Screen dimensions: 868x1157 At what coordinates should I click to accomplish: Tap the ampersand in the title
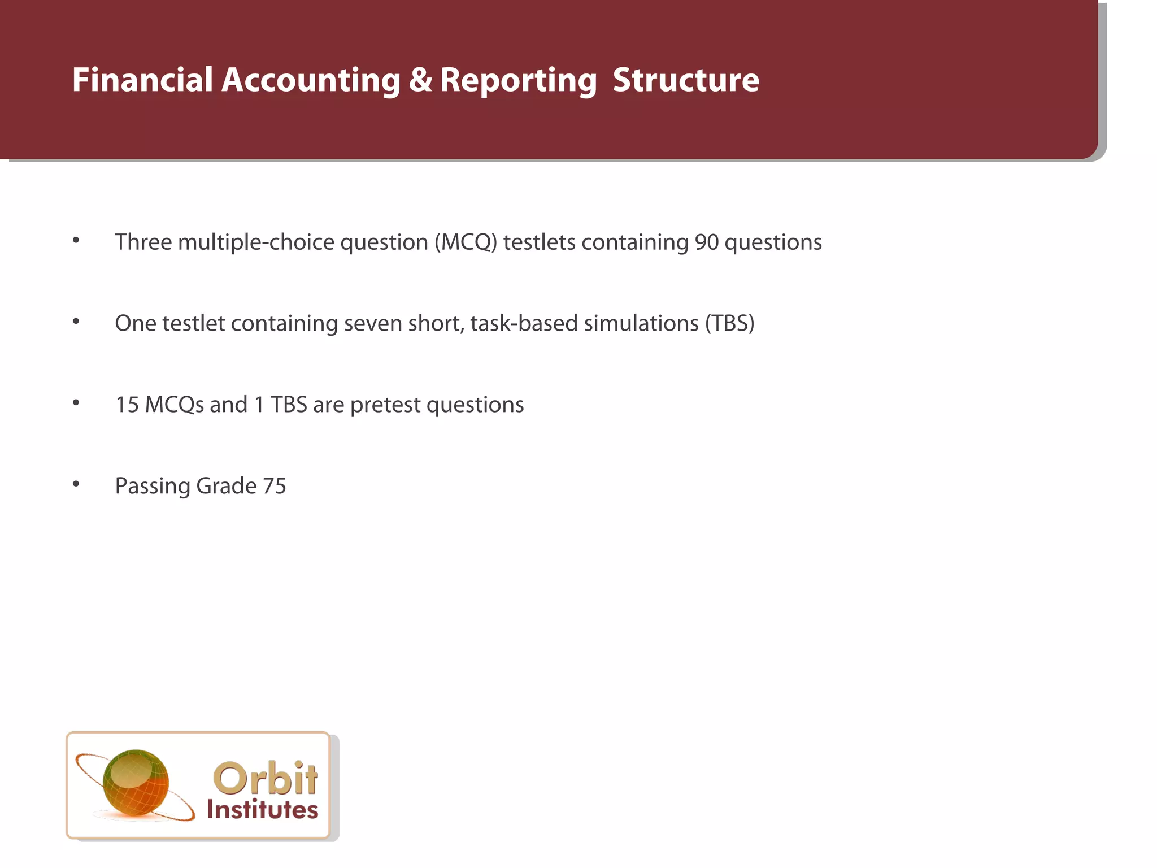420,80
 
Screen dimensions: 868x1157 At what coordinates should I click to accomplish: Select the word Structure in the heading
686,80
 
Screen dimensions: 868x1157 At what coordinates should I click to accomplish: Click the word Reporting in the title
518,81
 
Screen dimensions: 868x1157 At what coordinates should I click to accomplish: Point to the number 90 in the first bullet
706,242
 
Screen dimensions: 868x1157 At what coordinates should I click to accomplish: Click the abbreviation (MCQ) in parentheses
466,242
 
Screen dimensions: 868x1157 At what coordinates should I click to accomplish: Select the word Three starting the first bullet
143,242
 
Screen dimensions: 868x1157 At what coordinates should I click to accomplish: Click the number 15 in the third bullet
127,405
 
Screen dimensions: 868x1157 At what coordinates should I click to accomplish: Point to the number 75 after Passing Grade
275,486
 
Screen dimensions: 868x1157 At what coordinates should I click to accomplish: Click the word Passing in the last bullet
152,487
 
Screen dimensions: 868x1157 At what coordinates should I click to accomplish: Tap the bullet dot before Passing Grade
76,484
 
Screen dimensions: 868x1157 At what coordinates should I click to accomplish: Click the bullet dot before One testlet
76,321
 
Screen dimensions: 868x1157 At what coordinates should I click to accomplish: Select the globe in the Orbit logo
136,783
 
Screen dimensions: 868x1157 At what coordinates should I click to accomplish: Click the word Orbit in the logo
265,778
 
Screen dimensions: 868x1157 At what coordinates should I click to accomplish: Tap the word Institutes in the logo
262,810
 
